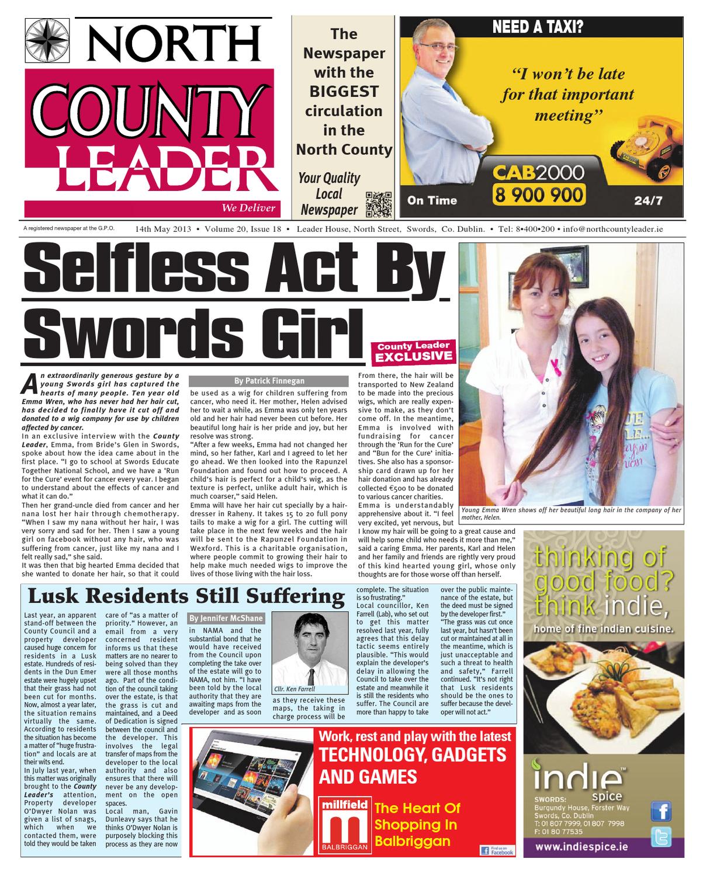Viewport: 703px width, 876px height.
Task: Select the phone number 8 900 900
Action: pos(538,194)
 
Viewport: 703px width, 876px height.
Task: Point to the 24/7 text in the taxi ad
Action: pos(649,201)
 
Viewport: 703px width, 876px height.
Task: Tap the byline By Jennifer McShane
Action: pos(226,618)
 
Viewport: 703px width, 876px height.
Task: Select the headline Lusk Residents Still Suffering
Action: pos(186,596)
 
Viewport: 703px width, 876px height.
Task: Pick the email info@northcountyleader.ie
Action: pos(613,229)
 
